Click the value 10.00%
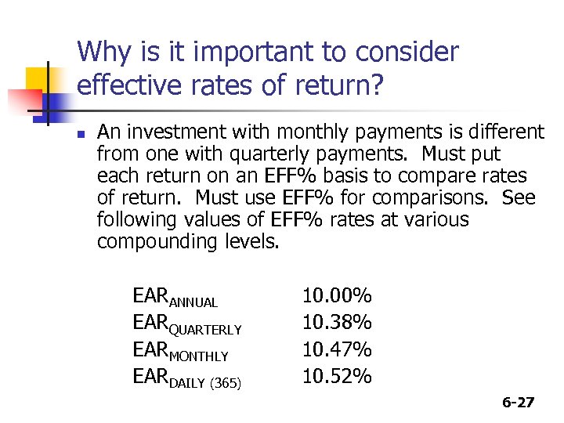coord(337,296)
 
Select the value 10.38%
coord(337,323)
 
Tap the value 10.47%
coord(337,349)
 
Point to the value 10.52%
coord(337,376)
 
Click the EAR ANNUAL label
coord(175,298)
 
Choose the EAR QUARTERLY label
coord(187,324)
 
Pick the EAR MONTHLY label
coord(181,351)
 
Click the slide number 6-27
coord(518,403)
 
